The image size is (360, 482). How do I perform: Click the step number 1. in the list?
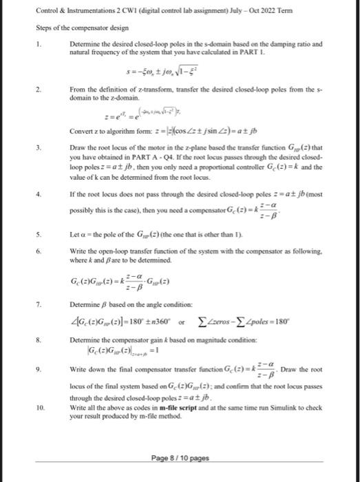point(39,43)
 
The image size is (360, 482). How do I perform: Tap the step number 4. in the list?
point(39,196)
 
